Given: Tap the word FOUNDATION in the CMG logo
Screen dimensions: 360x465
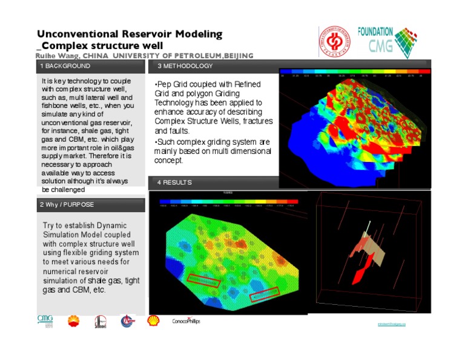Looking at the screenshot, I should pyautogui.click(x=376, y=32).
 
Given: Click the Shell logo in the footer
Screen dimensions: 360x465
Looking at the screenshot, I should pyautogui.click(x=153, y=320).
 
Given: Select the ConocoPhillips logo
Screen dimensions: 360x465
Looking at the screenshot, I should pyautogui.click(x=186, y=321).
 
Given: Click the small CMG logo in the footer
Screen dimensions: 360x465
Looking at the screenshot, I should pyautogui.click(x=45, y=321).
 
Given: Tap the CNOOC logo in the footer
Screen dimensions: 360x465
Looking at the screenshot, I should pyautogui.click(x=127, y=321).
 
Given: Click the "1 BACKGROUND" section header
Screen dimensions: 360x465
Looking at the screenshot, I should pyautogui.click(x=65, y=66).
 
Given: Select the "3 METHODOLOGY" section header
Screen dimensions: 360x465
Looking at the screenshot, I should pyautogui.click(x=185, y=66).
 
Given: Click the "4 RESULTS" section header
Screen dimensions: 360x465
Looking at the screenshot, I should pyautogui.click(x=175, y=182).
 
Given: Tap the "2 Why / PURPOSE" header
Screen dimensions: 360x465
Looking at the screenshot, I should pyautogui.click(x=67, y=205).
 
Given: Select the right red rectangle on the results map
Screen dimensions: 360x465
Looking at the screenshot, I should pyautogui.click(x=264, y=294).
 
